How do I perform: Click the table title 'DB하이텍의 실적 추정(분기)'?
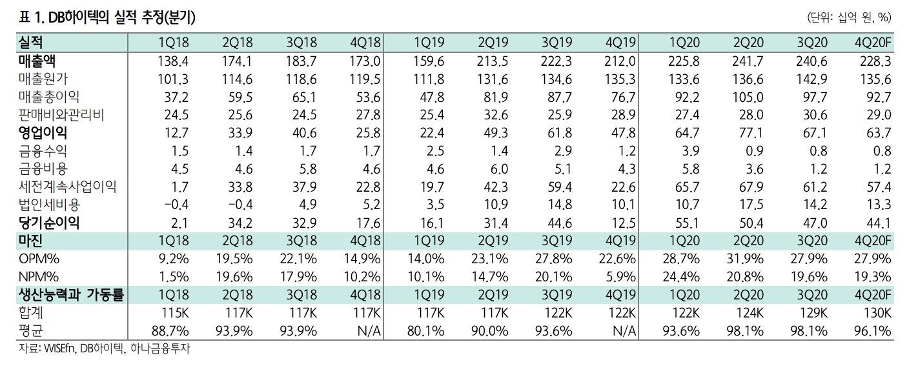click(122, 17)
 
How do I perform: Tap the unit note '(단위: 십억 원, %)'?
click(849, 17)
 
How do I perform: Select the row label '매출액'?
click(37, 61)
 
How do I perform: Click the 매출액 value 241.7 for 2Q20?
click(748, 61)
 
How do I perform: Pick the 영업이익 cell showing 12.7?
click(176, 133)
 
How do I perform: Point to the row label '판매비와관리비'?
click(61, 115)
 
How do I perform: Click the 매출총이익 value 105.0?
click(748, 97)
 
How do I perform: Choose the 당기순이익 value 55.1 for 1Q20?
click(687, 223)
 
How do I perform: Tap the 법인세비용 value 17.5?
click(751, 205)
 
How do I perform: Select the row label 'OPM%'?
click(39, 259)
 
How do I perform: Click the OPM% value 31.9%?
click(745, 259)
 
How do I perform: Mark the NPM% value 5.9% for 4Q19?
click(621, 277)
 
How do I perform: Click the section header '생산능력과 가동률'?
click(71, 295)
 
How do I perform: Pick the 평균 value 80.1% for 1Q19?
click(425, 331)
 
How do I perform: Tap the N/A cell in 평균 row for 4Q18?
click(369, 331)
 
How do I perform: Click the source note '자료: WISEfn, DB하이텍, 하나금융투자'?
click(105, 348)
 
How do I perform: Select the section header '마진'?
click(30, 241)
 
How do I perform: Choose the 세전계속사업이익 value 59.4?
click(560, 187)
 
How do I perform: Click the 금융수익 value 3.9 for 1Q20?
click(690, 151)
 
